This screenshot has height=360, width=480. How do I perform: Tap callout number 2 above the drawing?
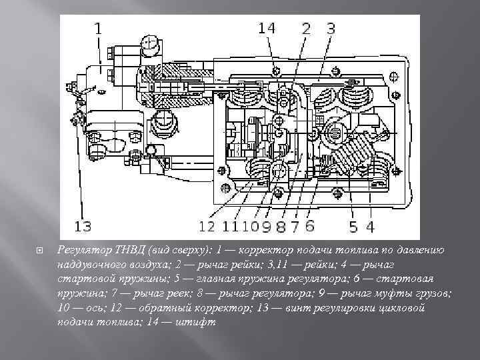pos(306,28)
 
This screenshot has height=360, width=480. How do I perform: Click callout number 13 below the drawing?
pos(83,227)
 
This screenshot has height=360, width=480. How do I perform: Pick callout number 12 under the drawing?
pos(207,227)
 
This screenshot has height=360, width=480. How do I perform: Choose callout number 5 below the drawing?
pos(353,227)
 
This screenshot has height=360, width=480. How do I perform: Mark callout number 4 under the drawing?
pos(371,227)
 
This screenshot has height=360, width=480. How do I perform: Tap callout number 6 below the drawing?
pos(310,227)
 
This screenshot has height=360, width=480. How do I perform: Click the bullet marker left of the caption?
pos(40,251)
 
